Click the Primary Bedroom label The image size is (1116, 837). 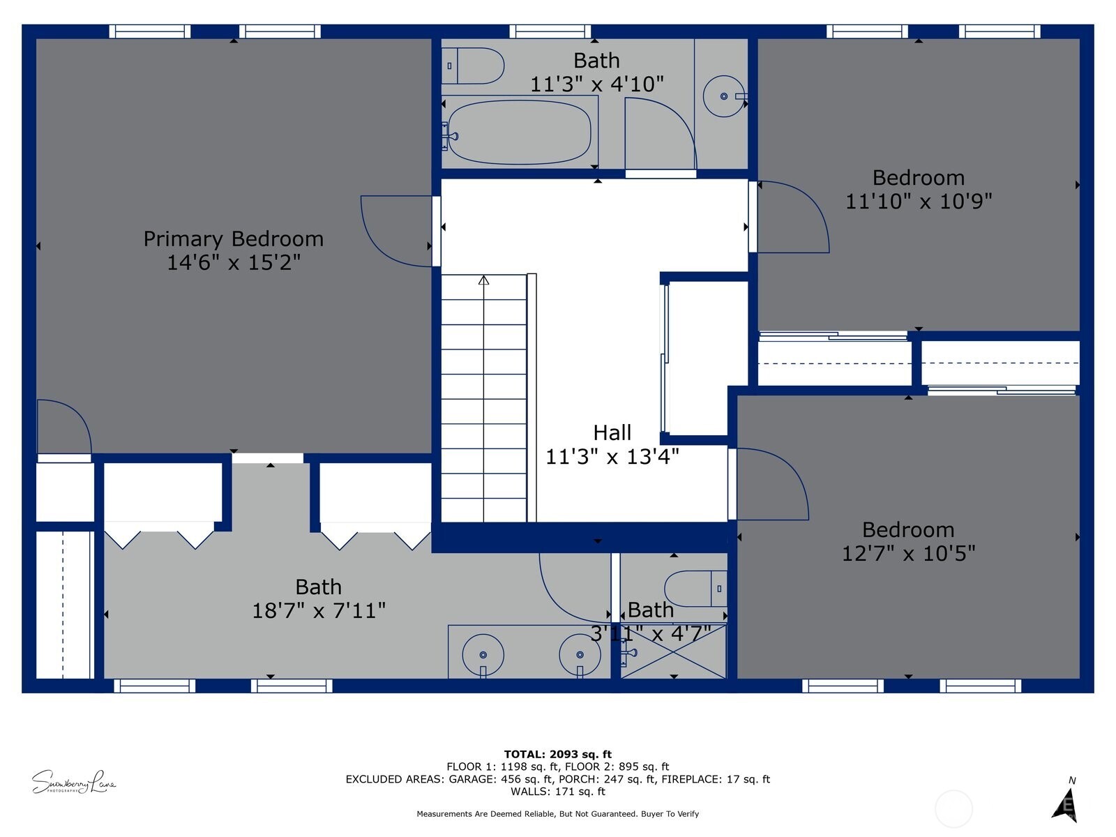pos(233,239)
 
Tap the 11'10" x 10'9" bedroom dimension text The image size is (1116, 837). pos(918,202)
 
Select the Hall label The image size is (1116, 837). pos(612,432)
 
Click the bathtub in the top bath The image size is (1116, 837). pos(519,132)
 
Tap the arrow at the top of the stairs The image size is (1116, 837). pos(483,280)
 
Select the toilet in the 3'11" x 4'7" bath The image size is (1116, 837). pos(695,589)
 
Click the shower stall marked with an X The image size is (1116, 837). pos(674,651)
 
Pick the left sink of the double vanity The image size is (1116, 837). pos(483,655)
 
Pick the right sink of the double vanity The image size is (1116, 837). pos(580,655)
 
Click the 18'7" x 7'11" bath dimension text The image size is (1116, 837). pos(318,611)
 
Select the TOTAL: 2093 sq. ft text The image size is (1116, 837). pos(557,754)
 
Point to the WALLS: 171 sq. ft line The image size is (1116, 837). pos(557,792)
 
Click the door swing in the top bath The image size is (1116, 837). pos(659,133)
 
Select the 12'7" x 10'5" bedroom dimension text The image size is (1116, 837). pos(907,554)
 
